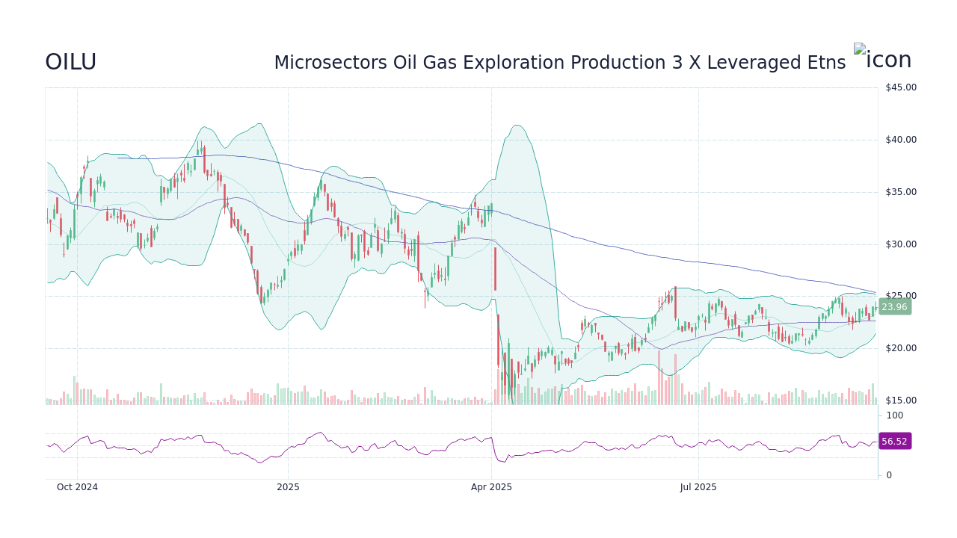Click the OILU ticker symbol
[70, 63]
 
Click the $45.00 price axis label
[900, 87]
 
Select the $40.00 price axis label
[900, 140]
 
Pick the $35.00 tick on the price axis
[900, 192]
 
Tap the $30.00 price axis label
[900, 244]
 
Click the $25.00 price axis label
[900, 296]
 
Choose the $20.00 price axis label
[900, 348]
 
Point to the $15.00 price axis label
[900, 401]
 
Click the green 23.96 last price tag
[894, 307]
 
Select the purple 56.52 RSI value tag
[894, 442]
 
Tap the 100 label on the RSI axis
[895, 415]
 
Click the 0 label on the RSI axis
[889, 475]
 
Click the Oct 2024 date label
[77, 487]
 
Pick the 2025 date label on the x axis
[288, 487]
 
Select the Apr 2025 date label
[491, 487]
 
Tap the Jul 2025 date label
[698, 487]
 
